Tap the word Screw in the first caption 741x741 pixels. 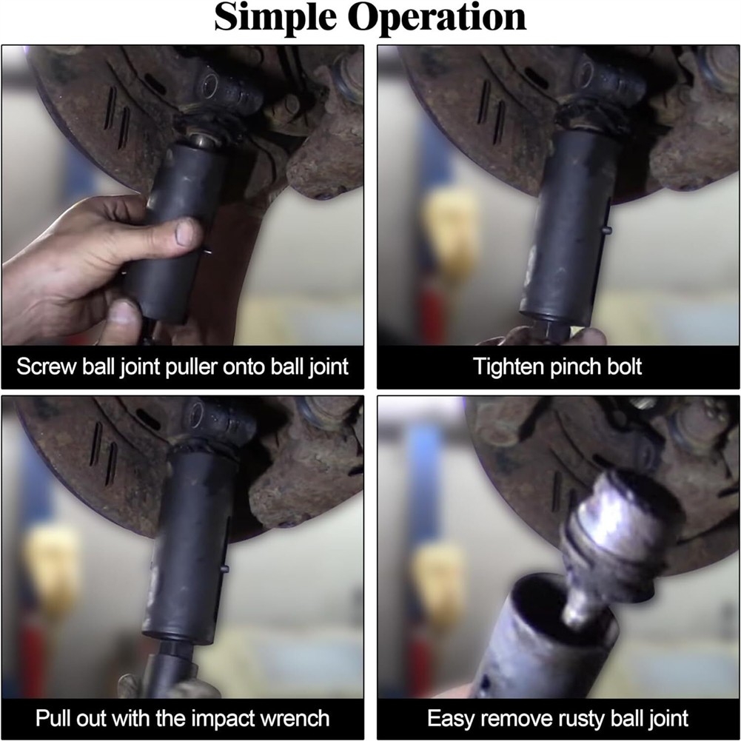[x=46, y=366]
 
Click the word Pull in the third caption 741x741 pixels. [x=53, y=718]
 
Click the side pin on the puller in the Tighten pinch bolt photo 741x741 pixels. [x=607, y=230]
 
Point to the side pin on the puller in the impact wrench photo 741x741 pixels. [x=225, y=569]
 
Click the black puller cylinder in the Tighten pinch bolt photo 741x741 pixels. [x=567, y=227]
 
